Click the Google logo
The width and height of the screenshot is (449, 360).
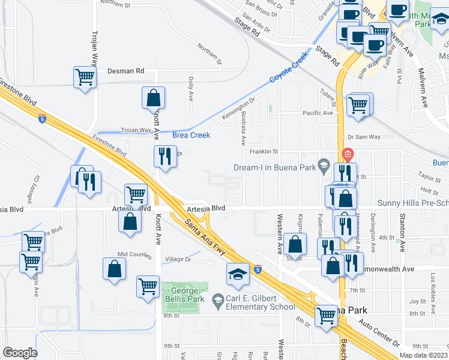pos(20,353)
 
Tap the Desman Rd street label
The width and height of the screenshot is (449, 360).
pos(126,71)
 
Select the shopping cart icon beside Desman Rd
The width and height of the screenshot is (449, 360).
pos(85,77)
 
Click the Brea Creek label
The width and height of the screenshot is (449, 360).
pos(191,135)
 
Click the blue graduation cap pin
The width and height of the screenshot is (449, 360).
pos(238,275)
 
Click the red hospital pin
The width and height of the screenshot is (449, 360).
pos(347,155)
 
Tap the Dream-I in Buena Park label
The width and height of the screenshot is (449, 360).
pos(275,167)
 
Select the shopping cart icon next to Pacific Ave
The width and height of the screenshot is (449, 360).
pos(359,105)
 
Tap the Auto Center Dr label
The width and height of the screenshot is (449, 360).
pos(380,335)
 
